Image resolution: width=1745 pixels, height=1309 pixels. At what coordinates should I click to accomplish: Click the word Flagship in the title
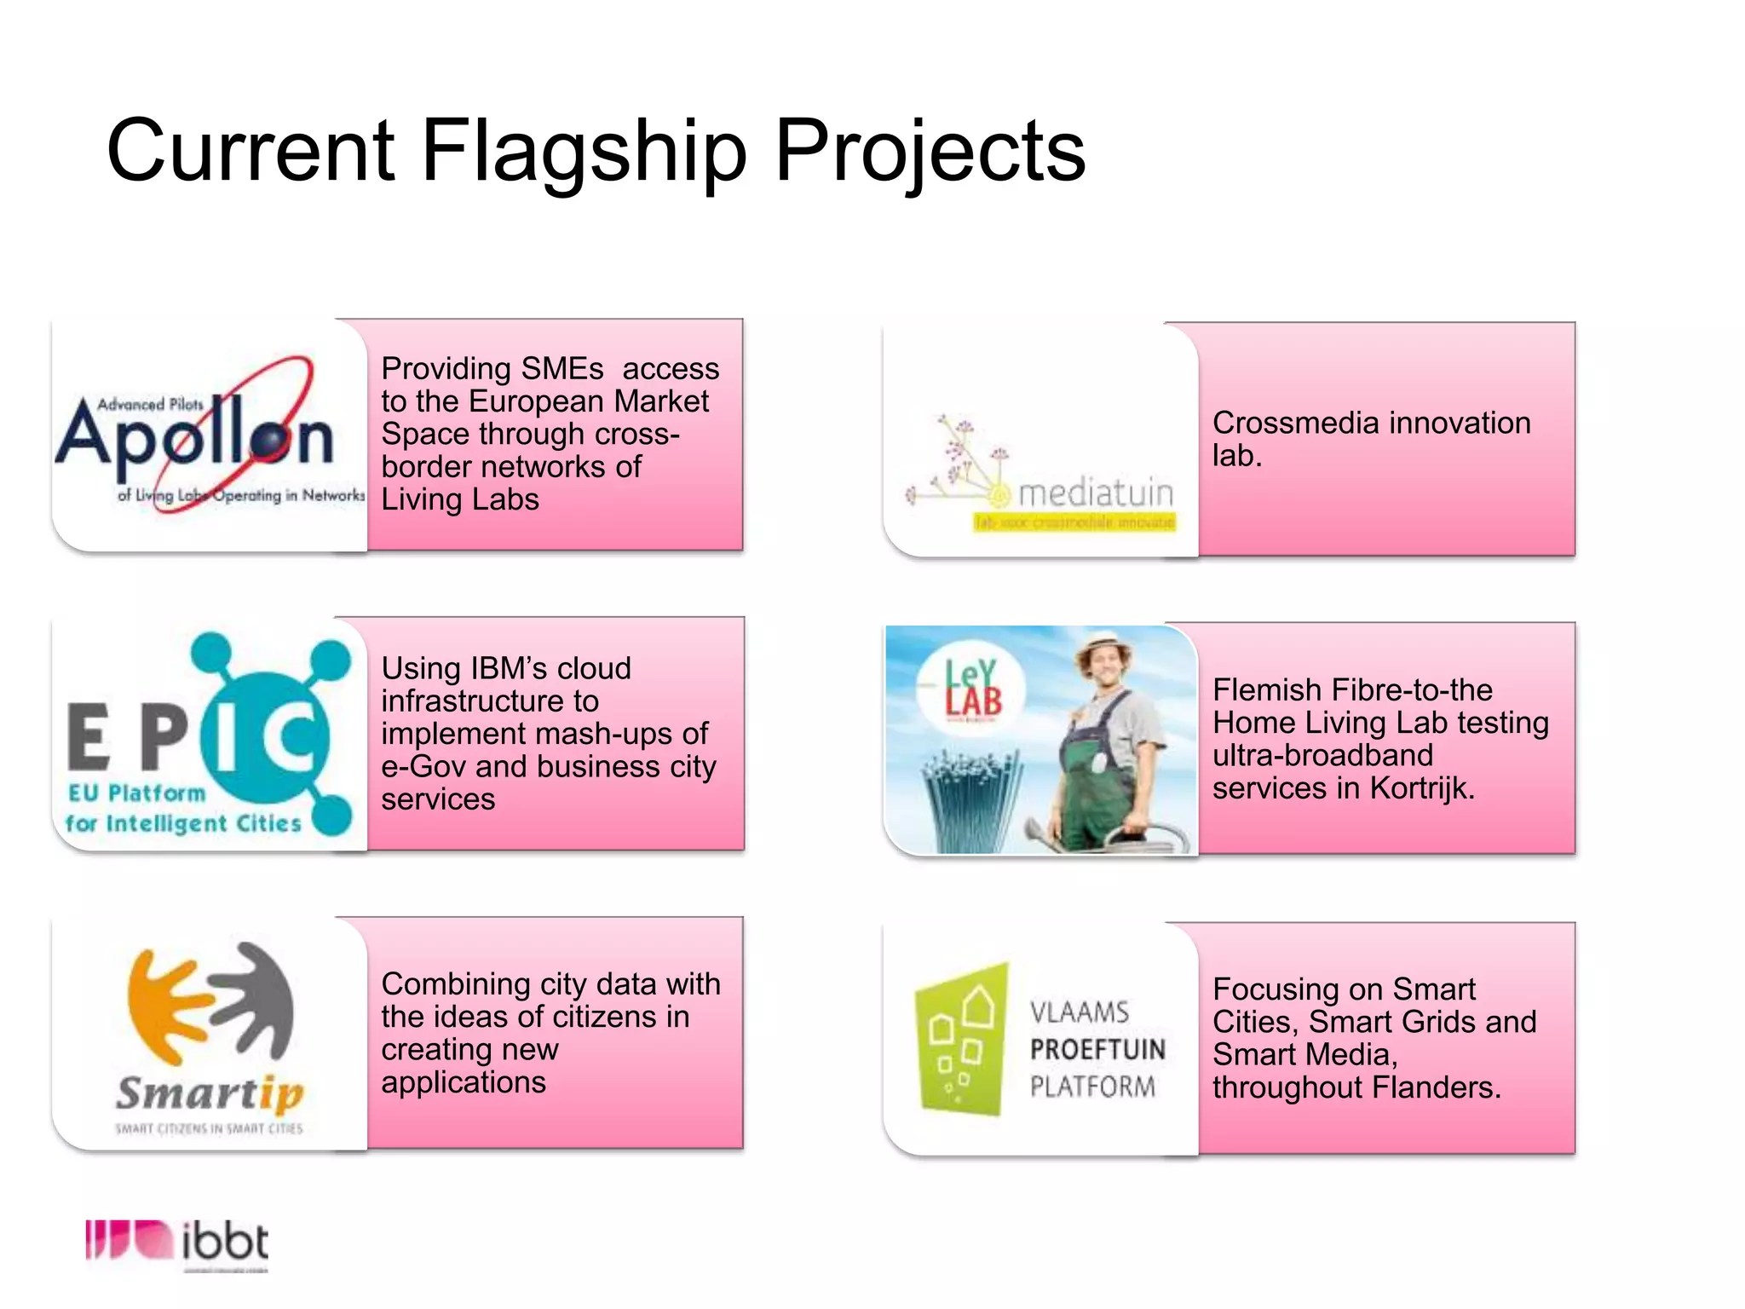(x=584, y=151)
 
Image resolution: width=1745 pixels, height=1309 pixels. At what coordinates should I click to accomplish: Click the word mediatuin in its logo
(x=1096, y=493)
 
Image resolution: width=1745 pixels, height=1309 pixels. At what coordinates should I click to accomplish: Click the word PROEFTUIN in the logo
(x=1097, y=1049)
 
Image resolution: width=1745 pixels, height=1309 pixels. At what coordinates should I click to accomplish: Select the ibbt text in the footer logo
(x=225, y=1243)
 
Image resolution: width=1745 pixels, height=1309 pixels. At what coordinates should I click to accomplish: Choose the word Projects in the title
(x=930, y=151)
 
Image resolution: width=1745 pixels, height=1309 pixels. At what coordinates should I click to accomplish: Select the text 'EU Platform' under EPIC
(x=137, y=793)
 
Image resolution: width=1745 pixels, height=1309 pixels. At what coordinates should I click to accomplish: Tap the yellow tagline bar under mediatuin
(x=1074, y=522)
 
